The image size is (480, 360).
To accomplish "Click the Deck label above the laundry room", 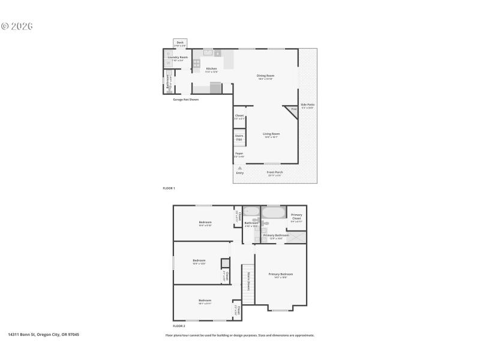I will [x=180, y=43].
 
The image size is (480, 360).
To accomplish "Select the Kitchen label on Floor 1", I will [x=211, y=68].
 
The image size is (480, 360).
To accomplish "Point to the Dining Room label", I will [x=265, y=76].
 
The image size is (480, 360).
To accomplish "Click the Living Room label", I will [x=271, y=134].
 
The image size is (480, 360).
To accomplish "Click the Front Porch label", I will [x=275, y=172].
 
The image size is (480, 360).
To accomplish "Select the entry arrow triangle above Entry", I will [x=240, y=168].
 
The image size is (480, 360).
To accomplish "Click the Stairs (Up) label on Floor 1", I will [x=239, y=137].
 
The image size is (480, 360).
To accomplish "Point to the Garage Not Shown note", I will [x=185, y=100].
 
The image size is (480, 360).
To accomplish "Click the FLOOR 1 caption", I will [x=169, y=188].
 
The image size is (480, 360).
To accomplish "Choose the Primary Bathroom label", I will [x=276, y=235].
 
